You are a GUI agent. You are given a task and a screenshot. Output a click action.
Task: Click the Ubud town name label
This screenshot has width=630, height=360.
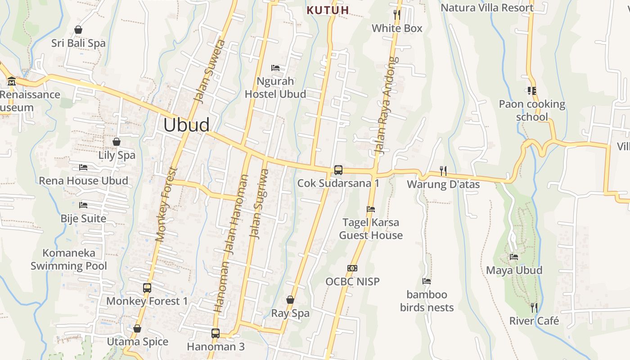coord(186,125)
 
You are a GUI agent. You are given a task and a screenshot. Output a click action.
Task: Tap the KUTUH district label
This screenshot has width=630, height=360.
coord(328,10)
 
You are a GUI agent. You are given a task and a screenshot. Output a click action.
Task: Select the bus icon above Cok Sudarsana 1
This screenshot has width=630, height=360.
coord(338,170)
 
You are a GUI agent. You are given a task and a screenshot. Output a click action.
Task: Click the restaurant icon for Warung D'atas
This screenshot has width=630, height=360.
coord(443,171)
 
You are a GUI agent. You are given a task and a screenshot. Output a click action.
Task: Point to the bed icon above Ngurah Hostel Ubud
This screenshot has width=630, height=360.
coord(275,68)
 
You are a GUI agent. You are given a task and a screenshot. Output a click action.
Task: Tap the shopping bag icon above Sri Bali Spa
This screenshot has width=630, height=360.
coord(78,30)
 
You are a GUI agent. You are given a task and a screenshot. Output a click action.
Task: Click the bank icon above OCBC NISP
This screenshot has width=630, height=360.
coord(352,268)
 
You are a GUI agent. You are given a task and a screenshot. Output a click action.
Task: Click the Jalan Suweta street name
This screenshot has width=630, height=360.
coord(209,72)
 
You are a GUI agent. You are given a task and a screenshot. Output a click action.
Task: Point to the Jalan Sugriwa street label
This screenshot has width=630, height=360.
coord(259,203)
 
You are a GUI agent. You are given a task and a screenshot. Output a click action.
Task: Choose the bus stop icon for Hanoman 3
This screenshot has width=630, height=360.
coord(216,333)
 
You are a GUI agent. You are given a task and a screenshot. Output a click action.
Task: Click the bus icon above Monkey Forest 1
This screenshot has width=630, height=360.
coord(147,288)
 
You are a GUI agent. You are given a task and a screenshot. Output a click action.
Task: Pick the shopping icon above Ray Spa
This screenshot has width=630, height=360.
coord(290,300)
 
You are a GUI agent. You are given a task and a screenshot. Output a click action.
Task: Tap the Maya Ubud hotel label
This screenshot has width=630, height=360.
coord(514,270)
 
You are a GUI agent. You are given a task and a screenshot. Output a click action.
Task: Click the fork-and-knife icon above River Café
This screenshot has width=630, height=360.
coord(534,308)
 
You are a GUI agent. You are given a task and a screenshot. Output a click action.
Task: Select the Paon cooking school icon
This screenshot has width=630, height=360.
coord(532,91)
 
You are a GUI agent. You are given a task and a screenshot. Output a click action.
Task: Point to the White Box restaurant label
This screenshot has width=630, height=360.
coord(397,28)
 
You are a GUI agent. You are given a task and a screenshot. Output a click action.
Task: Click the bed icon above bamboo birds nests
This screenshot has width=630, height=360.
coord(427,281)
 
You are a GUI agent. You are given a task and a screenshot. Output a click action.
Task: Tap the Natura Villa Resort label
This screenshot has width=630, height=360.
coord(487,8)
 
